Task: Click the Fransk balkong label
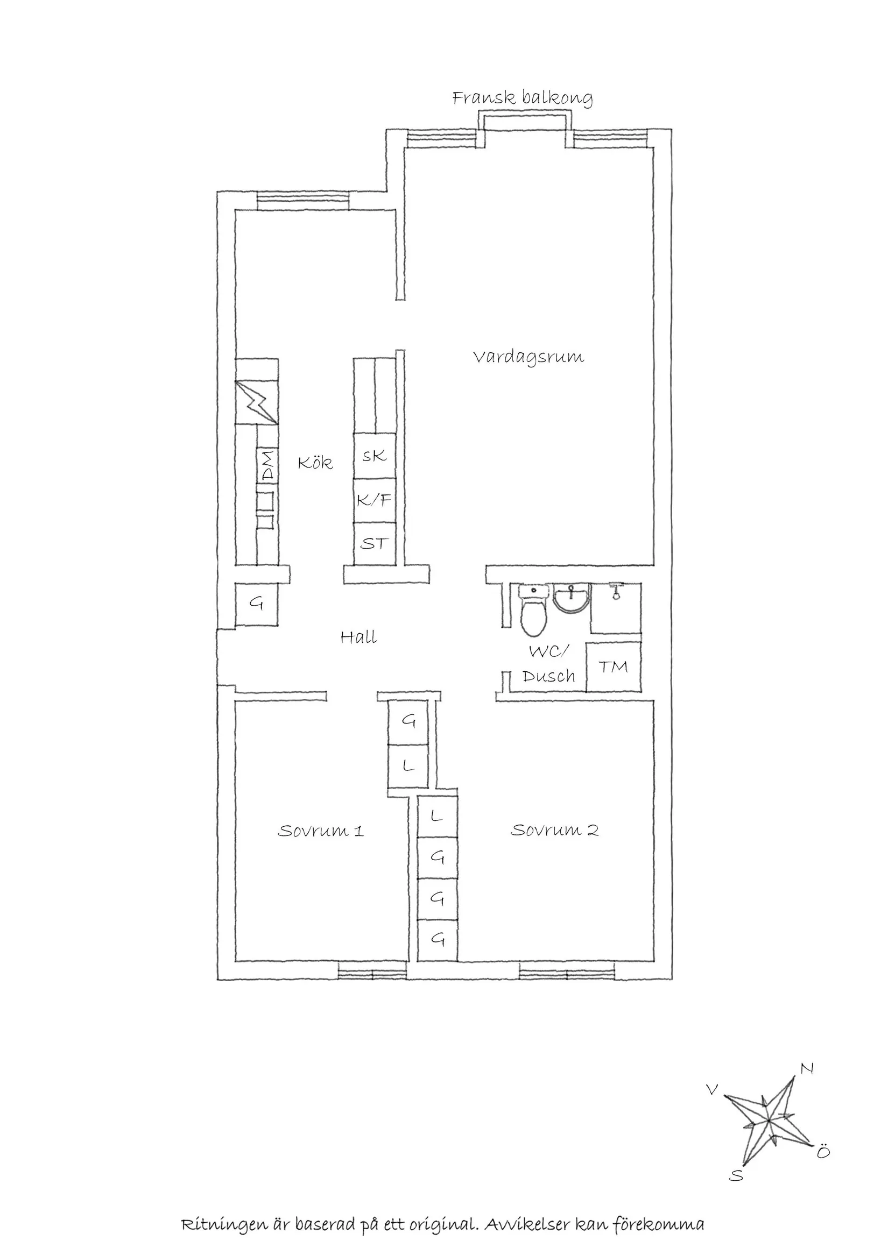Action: (522, 98)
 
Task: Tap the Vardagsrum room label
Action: (528, 358)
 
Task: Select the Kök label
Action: (315, 463)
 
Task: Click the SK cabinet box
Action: (375, 455)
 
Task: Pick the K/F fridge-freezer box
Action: (375, 500)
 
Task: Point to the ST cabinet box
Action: (375, 543)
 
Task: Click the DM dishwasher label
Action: (267, 465)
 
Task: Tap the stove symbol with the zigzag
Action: (257, 402)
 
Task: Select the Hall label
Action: (359, 637)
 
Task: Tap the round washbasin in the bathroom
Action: (572, 597)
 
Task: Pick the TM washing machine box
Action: (613, 667)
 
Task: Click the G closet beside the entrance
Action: (257, 604)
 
